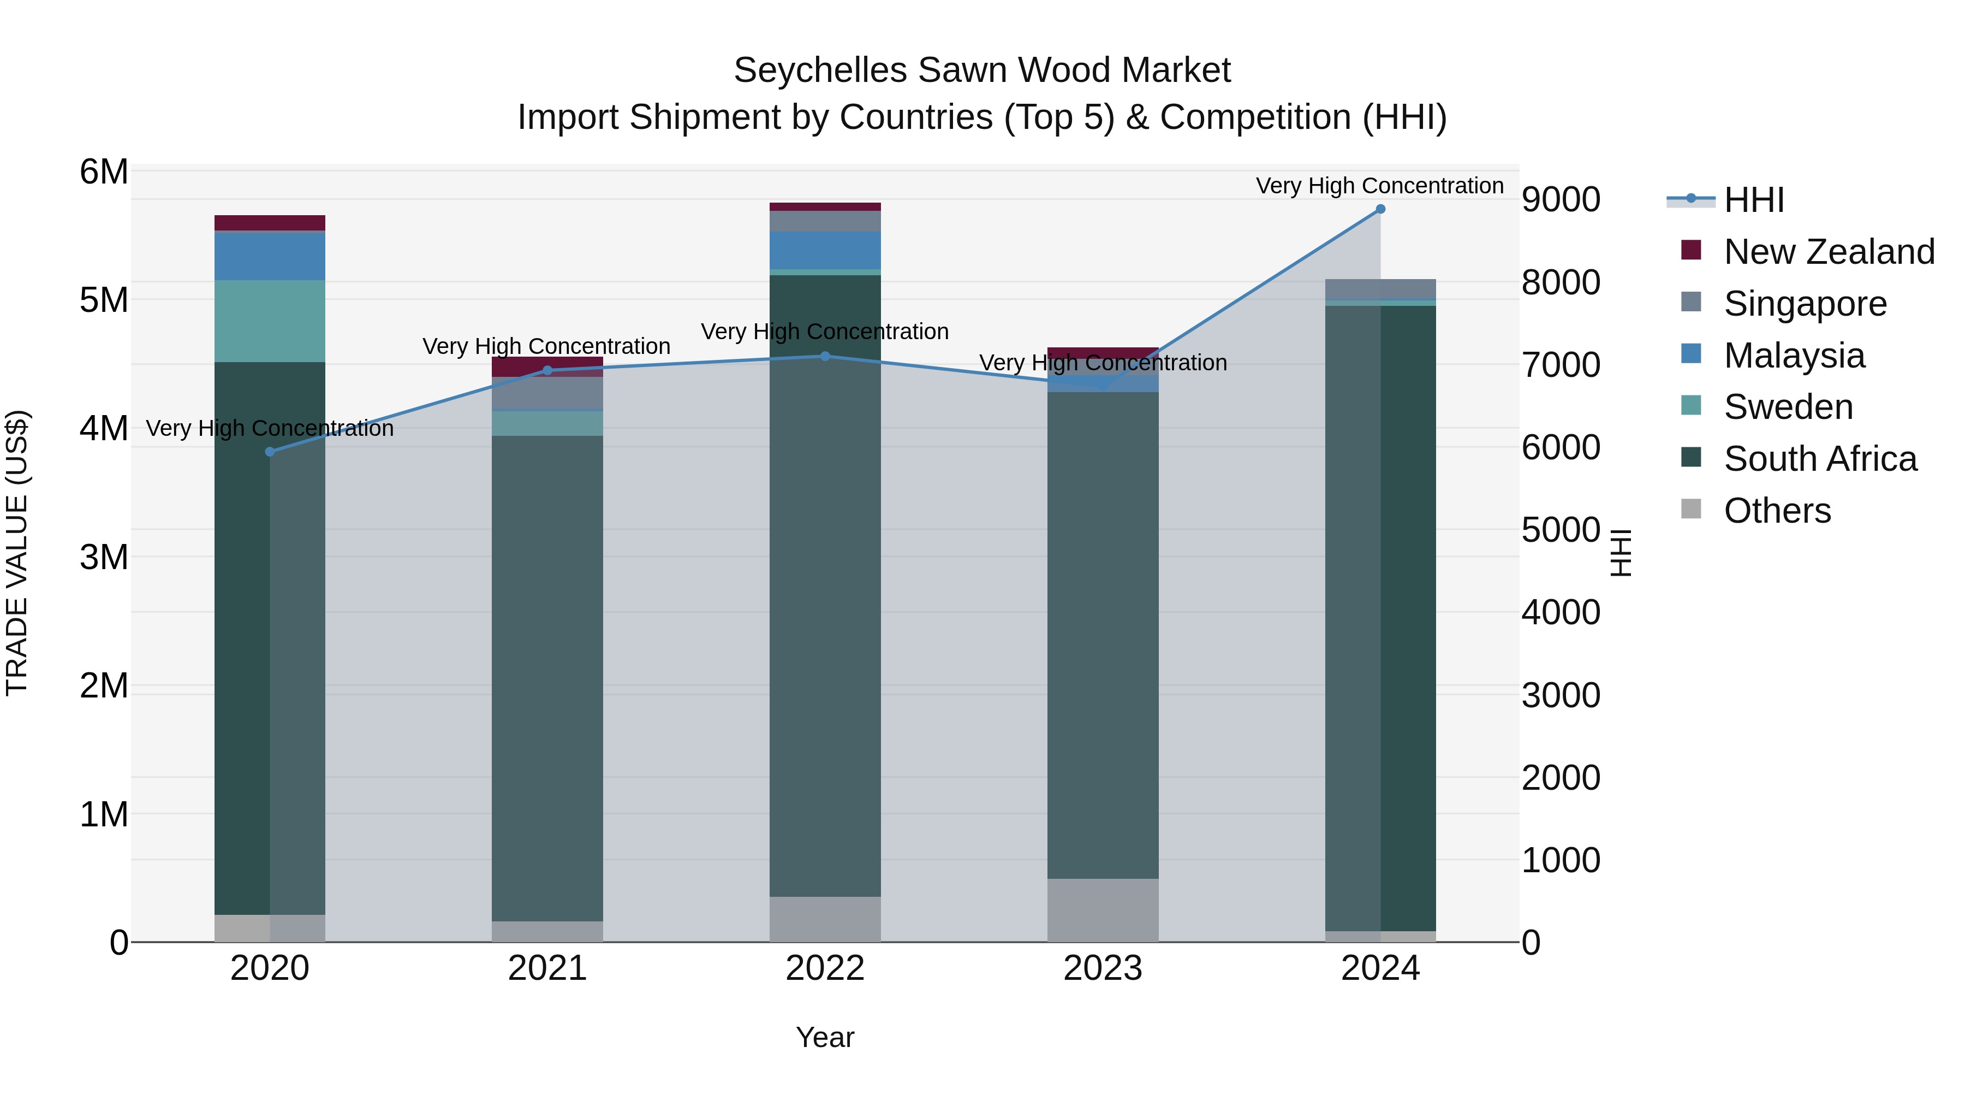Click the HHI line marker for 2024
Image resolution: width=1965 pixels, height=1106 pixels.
click(1380, 209)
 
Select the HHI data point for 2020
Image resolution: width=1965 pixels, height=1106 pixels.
click(269, 452)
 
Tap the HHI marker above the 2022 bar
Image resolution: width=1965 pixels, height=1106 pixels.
click(825, 356)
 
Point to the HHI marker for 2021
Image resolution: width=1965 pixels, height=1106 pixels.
click(547, 371)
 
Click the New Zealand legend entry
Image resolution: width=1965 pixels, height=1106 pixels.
click(1829, 252)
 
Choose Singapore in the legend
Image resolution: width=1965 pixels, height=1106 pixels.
click(1805, 304)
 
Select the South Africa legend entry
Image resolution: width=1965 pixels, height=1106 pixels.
click(1819, 459)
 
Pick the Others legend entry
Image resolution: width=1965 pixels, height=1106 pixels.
click(1777, 511)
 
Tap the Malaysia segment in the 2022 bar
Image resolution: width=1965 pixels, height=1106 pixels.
click(825, 250)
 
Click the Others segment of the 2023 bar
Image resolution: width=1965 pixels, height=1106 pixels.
click(1102, 910)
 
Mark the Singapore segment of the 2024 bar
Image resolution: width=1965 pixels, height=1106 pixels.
click(1380, 288)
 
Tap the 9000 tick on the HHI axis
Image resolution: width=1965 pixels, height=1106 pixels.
click(1561, 200)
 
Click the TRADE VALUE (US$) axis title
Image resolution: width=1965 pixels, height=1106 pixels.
click(17, 553)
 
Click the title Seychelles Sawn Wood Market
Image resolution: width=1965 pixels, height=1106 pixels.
click(982, 71)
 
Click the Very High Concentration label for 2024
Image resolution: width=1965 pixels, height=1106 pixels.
click(1379, 186)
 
